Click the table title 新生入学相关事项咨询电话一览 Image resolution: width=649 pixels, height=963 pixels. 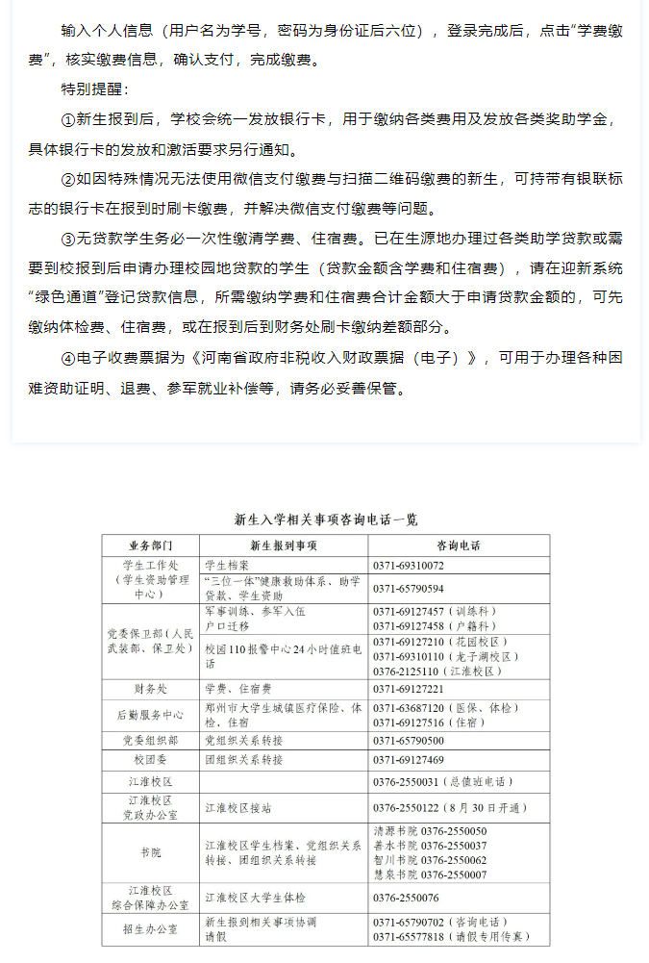326,520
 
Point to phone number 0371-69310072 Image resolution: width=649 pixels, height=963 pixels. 409,566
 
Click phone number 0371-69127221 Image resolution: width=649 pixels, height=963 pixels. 409,690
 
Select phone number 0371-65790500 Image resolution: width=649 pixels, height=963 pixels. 409,741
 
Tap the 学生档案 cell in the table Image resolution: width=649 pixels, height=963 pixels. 227,566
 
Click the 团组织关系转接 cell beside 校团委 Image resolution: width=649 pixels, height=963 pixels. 244,760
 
